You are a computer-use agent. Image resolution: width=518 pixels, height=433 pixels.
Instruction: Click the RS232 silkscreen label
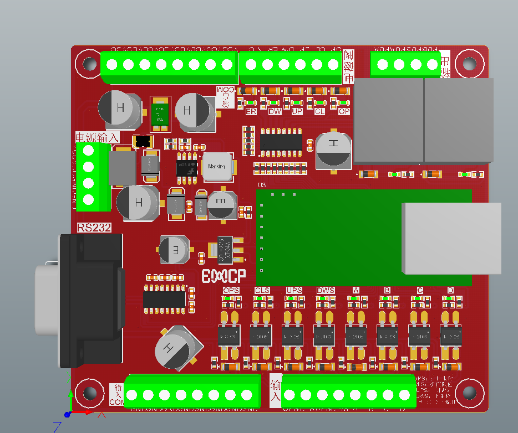(x=94, y=227)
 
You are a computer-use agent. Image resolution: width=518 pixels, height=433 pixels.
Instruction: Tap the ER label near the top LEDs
(x=251, y=111)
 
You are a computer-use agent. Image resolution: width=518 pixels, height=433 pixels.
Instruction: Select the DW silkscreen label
(x=275, y=111)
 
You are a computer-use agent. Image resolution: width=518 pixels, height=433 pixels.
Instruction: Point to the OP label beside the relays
(x=344, y=111)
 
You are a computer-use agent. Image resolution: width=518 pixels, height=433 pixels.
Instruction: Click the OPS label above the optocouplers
(x=231, y=291)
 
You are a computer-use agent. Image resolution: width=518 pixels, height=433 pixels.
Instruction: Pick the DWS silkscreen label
(x=326, y=291)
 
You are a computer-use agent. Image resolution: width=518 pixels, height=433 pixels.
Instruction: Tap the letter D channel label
(x=450, y=291)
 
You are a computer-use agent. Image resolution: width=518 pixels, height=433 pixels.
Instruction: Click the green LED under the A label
(x=356, y=298)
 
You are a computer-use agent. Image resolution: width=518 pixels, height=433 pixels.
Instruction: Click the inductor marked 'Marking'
(x=216, y=167)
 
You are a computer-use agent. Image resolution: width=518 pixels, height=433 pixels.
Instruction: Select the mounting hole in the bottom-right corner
(x=470, y=393)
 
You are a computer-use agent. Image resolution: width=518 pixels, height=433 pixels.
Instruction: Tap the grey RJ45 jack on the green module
(x=451, y=238)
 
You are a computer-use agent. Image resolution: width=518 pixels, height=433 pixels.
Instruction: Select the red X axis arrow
(x=89, y=413)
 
